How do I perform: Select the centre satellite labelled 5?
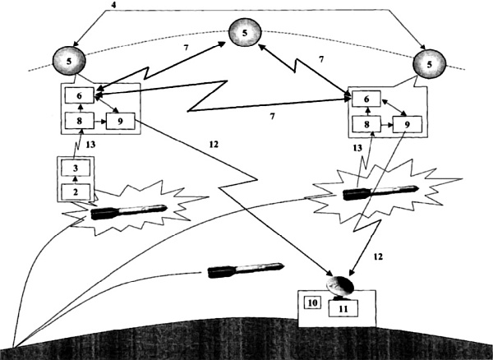tap(243, 33)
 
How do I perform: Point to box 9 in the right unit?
tap(402, 125)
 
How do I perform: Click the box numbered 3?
tap(76, 168)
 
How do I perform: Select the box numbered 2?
tap(76, 192)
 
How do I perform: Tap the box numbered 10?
tap(311, 302)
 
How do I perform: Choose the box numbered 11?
tap(343, 308)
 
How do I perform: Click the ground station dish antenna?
tap(339, 284)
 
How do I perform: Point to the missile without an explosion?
tap(246, 270)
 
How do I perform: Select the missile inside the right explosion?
tap(380, 192)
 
